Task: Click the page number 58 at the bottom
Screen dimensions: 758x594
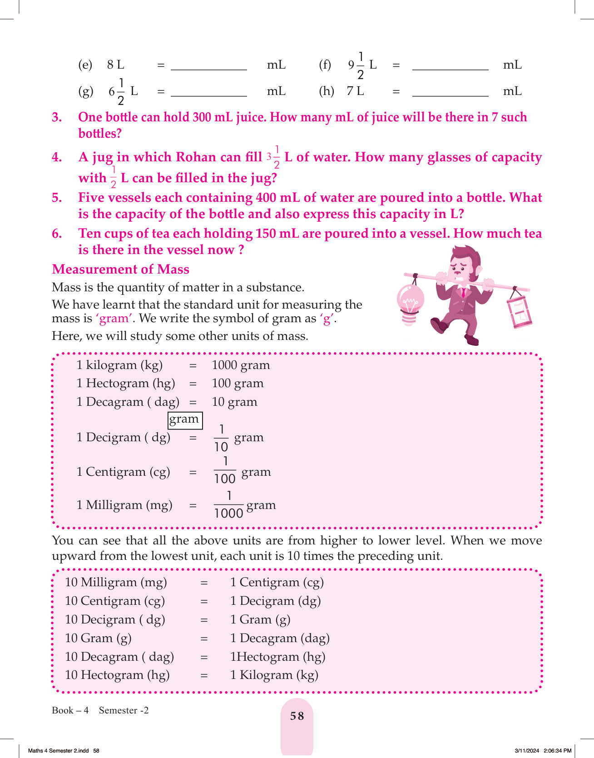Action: [297, 716]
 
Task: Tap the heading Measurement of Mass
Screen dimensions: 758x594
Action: [120, 269]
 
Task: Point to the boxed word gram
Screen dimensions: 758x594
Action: [184, 419]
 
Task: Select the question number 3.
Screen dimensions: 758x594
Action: [57, 117]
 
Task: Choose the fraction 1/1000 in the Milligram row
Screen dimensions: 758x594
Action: [228, 504]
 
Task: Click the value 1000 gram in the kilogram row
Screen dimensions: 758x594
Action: [241, 365]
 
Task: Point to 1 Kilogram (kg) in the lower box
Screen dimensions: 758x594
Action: [274, 675]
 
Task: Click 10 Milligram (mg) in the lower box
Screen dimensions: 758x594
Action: [116, 582]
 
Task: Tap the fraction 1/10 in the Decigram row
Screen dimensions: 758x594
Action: [221, 438]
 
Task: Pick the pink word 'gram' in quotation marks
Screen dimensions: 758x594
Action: [114, 318]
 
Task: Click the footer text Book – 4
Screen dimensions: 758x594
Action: [70, 710]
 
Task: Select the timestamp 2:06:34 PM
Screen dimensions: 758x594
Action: [557, 751]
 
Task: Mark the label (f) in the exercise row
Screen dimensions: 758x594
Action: [325, 65]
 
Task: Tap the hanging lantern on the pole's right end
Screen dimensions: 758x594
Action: [519, 311]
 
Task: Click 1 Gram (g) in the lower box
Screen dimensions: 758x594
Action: [260, 619]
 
